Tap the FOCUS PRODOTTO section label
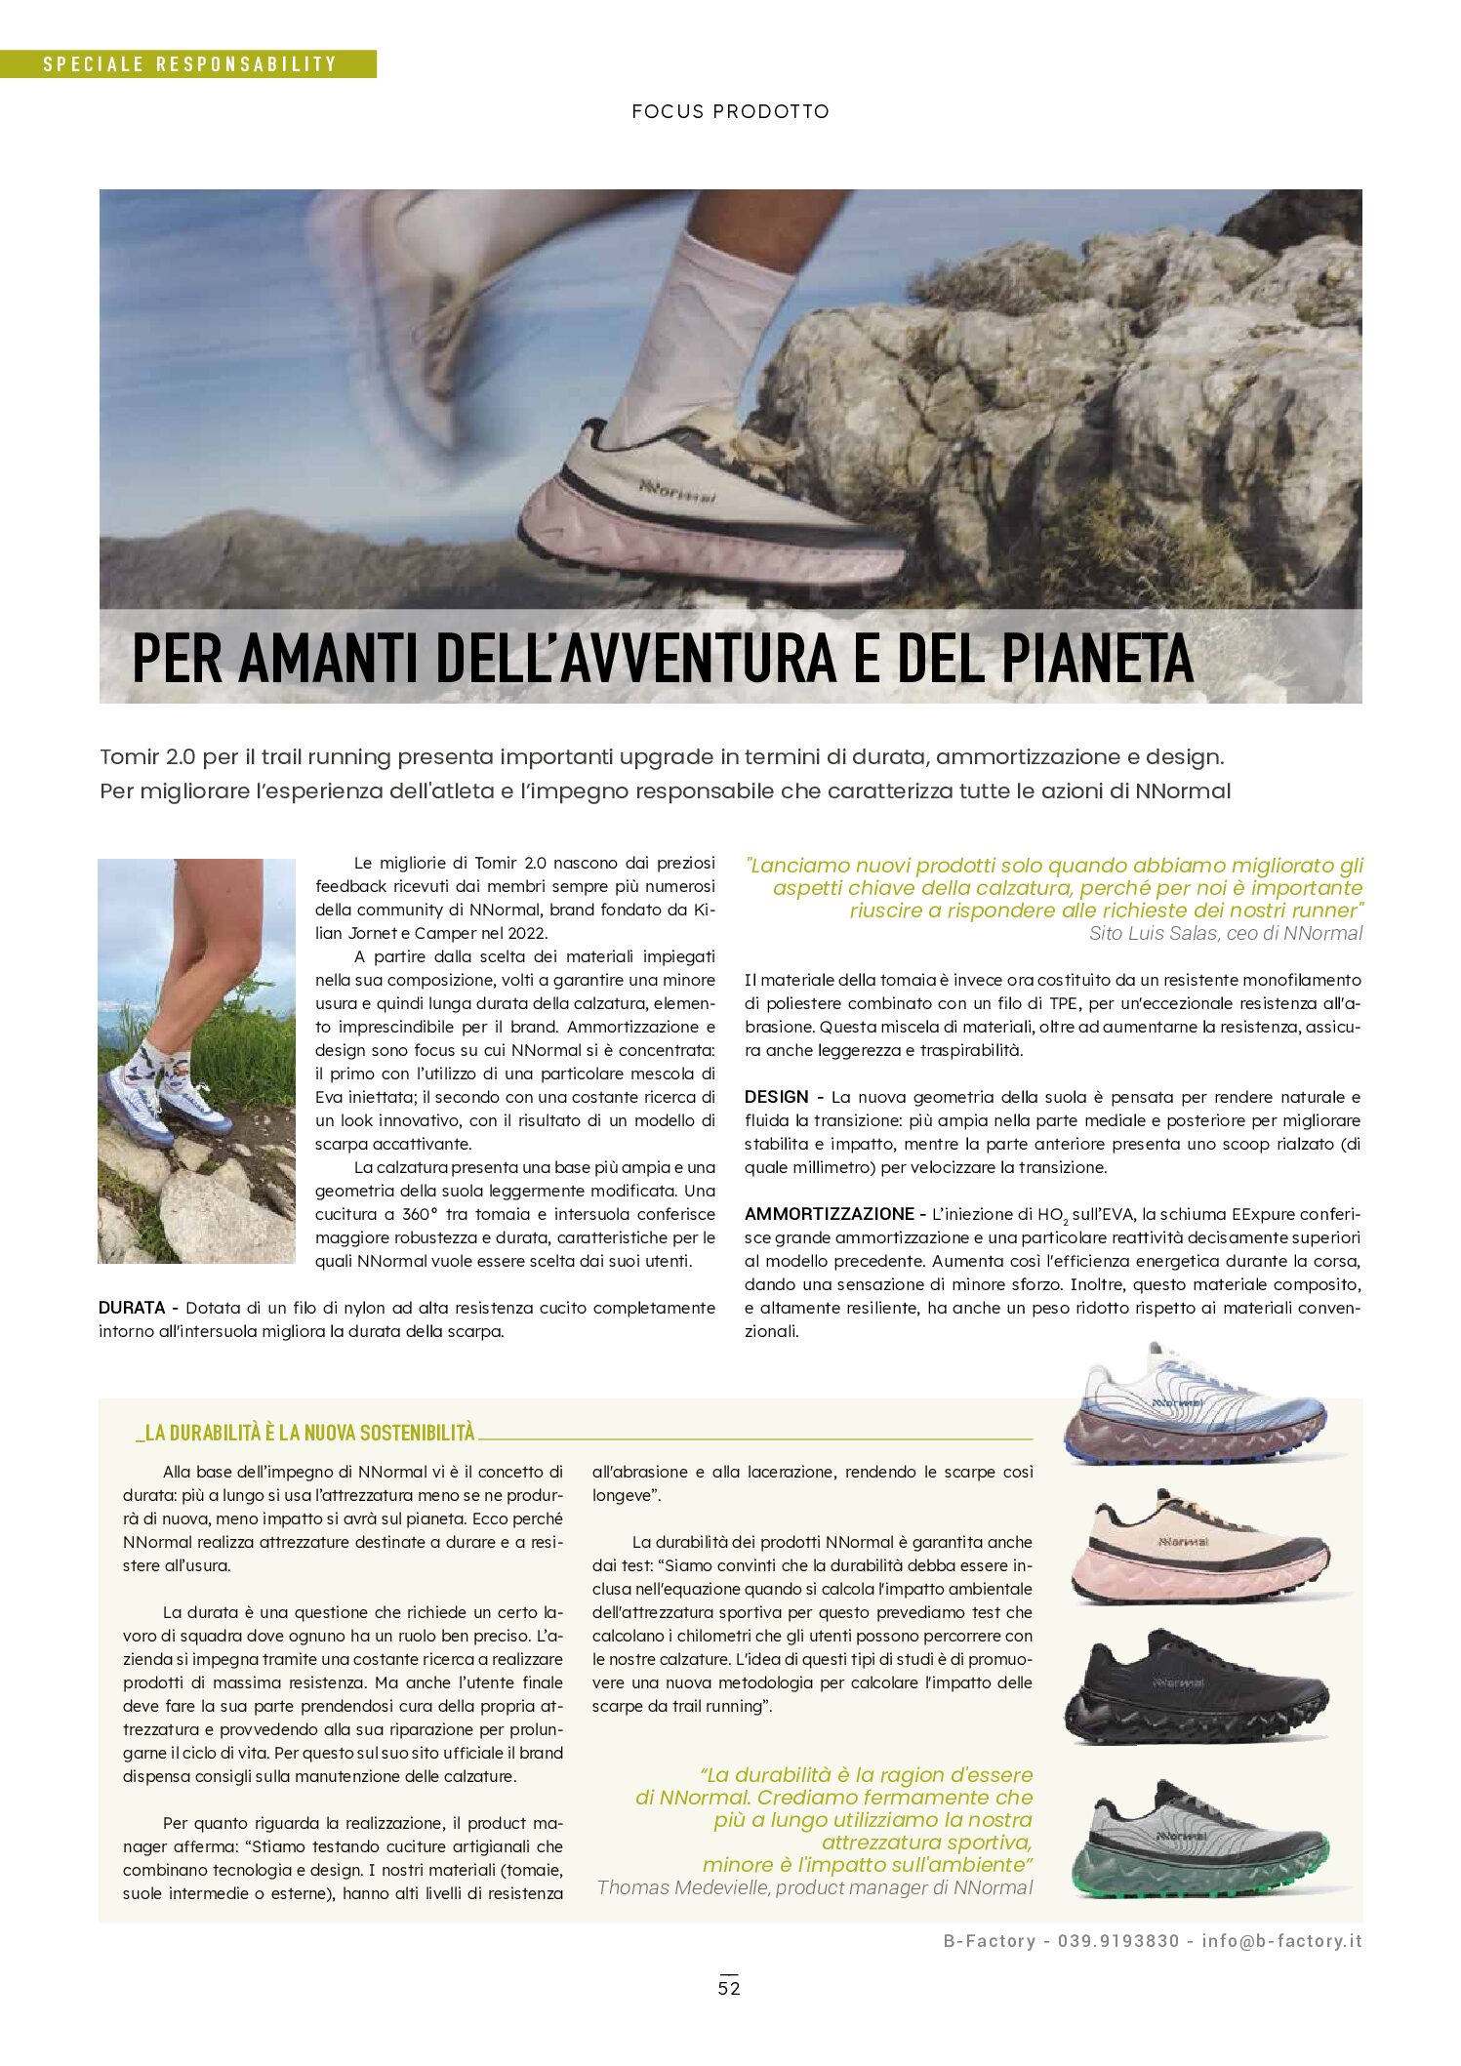coord(730,111)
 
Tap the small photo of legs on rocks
coord(196,1060)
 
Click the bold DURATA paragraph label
coord(132,1308)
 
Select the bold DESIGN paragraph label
coord(776,1097)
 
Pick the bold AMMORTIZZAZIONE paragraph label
coord(829,1214)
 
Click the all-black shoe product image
coord(1195,1686)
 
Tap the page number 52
coord(729,1988)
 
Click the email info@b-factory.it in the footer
coord(1281,1941)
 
